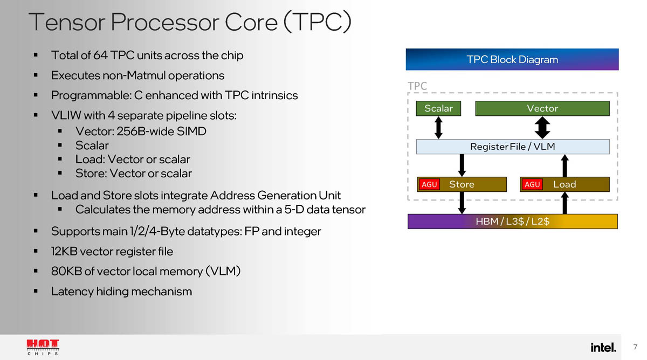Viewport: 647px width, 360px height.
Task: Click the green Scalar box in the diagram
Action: tap(438, 108)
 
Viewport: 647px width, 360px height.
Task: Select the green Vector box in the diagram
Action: tap(542, 108)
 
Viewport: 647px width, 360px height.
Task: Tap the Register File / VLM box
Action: tap(513, 146)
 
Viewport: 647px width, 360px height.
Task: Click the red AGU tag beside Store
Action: tap(429, 184)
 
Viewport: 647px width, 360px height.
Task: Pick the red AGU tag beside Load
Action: tap(532, 184)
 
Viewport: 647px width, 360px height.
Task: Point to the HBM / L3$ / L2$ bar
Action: tap(512, 221)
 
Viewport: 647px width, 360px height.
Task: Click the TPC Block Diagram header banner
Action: tap(512, 59)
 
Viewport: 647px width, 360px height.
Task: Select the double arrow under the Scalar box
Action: tap(438, 127)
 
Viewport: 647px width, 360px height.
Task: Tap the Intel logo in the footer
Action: tap(603, 347)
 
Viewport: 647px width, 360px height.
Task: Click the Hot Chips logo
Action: tap(43, 347)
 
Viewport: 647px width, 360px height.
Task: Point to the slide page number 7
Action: tap(635, 347)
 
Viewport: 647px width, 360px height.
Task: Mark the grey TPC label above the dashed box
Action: tap(417, 86)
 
